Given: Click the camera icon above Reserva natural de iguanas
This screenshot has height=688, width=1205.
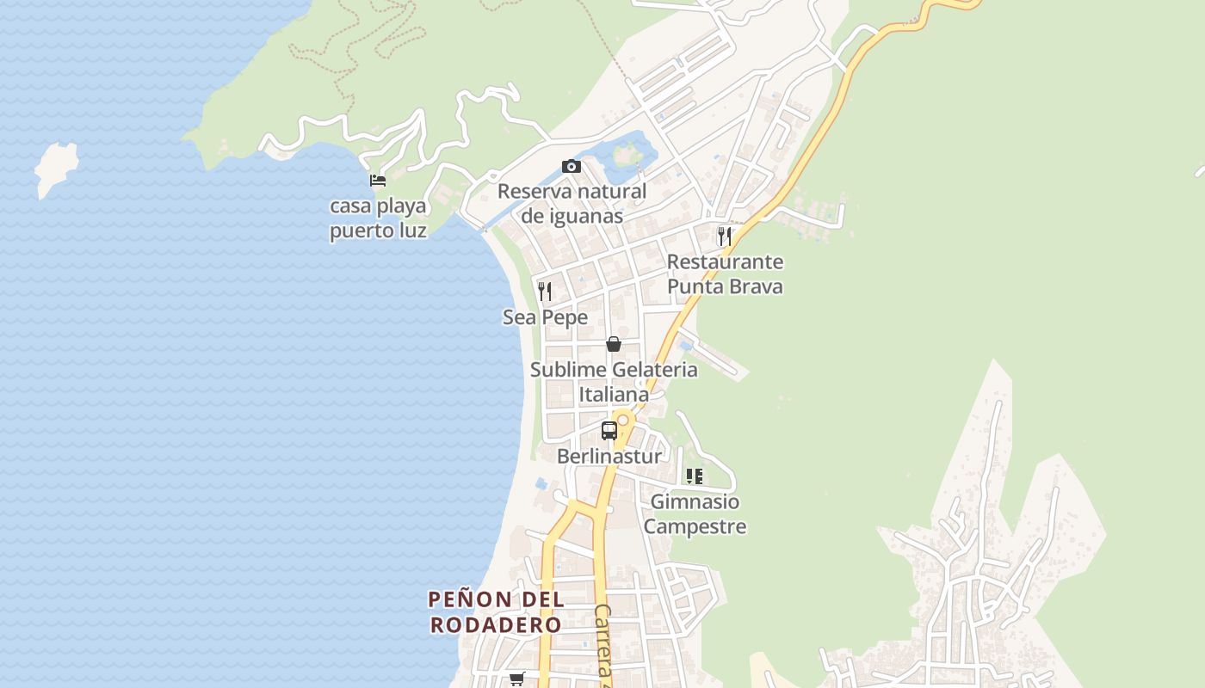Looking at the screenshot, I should [571, 166].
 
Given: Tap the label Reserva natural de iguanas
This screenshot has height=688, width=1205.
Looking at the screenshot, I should [572, 203].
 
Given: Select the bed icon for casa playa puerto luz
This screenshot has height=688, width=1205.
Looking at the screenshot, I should [377, 181].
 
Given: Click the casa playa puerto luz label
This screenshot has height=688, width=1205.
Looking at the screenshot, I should [378, 218].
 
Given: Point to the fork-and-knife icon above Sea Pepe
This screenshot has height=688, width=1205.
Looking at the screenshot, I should [544, 292].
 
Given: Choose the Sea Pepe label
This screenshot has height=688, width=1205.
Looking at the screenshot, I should [545, 317].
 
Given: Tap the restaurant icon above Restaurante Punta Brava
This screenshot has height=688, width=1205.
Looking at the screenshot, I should [725, 236].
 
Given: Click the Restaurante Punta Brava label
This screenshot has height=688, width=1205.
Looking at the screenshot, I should [725, 273].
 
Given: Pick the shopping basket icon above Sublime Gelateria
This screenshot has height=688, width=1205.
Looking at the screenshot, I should [614, 344].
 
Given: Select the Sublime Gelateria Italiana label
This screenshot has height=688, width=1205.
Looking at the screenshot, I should [614, 382].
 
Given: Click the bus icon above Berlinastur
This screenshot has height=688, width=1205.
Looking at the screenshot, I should [609, 431].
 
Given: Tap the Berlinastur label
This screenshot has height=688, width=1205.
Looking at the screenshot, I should [609, 456].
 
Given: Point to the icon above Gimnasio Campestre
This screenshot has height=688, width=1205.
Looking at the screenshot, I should [695, 476].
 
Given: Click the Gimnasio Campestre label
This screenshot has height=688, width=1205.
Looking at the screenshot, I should [695, 513].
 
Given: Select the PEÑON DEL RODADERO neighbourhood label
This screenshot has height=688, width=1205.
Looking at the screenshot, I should [496, 611].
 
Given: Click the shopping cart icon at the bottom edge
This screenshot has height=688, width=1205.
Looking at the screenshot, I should [516, 679].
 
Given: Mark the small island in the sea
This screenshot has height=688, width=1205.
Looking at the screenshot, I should [56, 169].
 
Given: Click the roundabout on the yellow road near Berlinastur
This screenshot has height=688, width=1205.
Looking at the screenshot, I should [623, 420].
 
